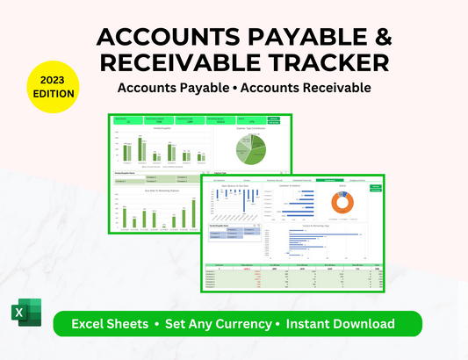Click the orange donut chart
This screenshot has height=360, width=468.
point(342,203)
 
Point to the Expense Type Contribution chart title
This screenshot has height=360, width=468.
point(250,128)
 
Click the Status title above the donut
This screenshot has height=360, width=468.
point(342,186)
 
